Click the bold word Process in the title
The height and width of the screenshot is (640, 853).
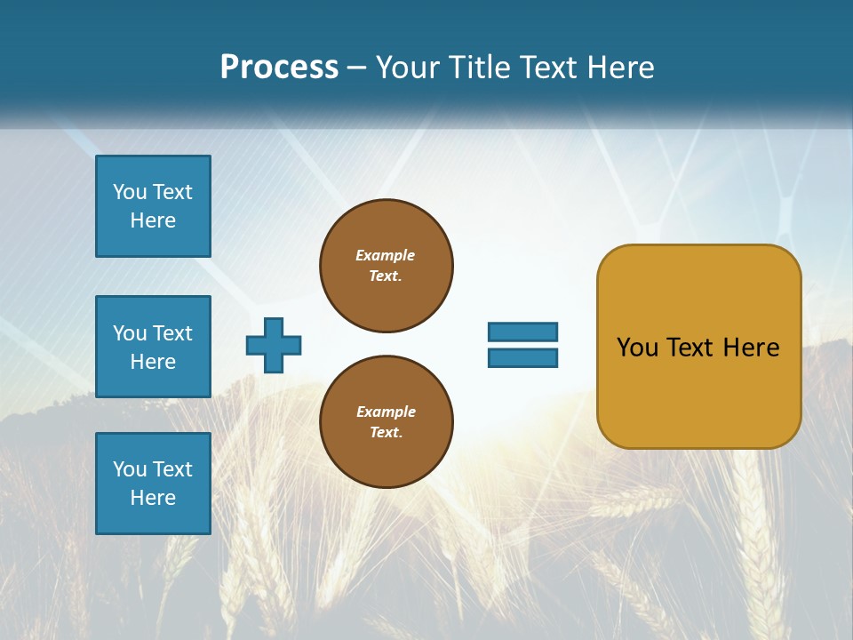point(279,68)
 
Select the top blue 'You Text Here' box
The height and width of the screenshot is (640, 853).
point(153,206)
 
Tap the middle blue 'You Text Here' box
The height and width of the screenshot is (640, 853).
point(153,347)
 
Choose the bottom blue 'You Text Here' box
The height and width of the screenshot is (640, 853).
point(153,484)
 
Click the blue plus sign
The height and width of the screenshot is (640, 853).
point(274,345)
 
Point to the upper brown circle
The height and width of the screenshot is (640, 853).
point(387,266)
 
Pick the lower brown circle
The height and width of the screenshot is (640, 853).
point(387,422)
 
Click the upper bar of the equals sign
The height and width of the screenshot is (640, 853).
point(522,332)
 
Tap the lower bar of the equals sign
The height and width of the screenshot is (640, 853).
point(522,357)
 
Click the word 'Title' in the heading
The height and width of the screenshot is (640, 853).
point(482,68)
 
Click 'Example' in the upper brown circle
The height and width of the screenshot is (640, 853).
point(386,255)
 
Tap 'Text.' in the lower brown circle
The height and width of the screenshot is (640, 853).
point(387,433)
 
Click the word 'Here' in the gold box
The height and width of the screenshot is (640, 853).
point(751,348)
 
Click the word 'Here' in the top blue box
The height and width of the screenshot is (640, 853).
point(153,220)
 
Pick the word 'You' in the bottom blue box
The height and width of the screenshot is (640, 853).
point(130,469)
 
